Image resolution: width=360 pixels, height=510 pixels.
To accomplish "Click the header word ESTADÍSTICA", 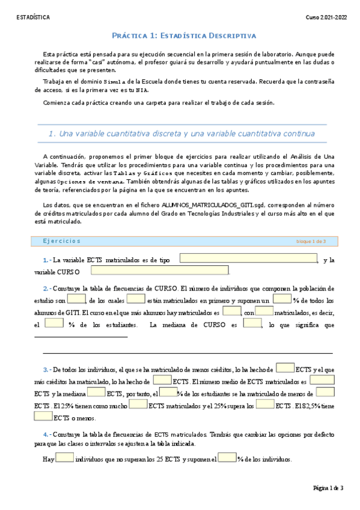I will point(33,17).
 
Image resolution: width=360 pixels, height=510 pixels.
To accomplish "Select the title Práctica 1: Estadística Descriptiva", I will point(185,36).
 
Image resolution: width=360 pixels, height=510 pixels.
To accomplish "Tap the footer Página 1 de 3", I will point(328,488).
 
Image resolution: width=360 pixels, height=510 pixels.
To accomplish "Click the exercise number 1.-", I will point(47,260).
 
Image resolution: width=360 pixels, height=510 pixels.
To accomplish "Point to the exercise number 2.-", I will point(47,288).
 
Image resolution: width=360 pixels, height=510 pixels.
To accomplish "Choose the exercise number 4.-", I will point(47,434).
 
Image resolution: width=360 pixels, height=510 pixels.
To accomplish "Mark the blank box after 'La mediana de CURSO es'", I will point(252,324).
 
